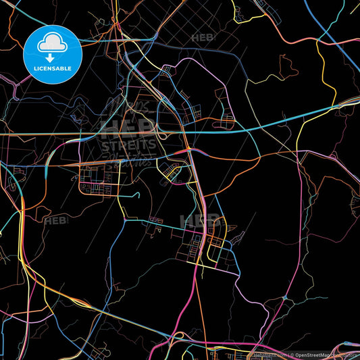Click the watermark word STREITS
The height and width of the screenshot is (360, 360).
point(128,144)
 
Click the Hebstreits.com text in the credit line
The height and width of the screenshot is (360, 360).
point(269,355)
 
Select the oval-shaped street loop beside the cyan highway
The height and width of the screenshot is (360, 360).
point(172,174)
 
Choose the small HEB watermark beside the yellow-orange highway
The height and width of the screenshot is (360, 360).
point(55,220)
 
